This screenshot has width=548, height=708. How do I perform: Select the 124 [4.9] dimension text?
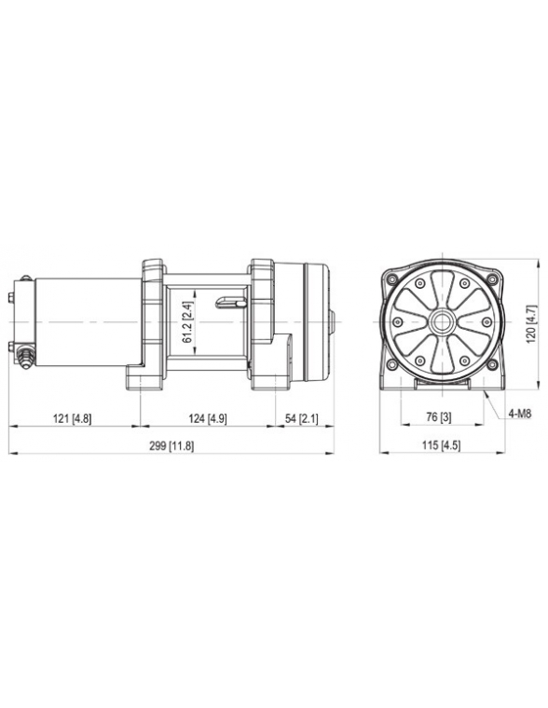[208, 419]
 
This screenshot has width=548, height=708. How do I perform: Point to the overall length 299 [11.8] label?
[171, 446]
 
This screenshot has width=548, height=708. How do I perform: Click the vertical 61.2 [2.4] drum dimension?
[187, 321]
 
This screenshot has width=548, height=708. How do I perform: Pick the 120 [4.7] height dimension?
[531, 320]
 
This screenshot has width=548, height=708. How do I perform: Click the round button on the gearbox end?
[331, 321]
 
